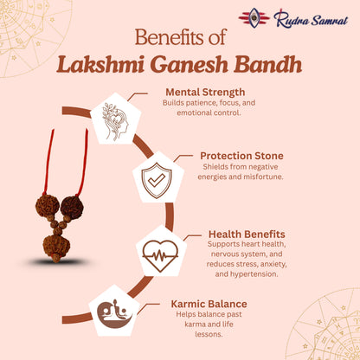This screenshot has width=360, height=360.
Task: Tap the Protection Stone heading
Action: [x=241, y=156]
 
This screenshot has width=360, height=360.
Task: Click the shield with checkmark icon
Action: [x=157, y=179]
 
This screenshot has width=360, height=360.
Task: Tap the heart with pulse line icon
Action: [x=161, y=254]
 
